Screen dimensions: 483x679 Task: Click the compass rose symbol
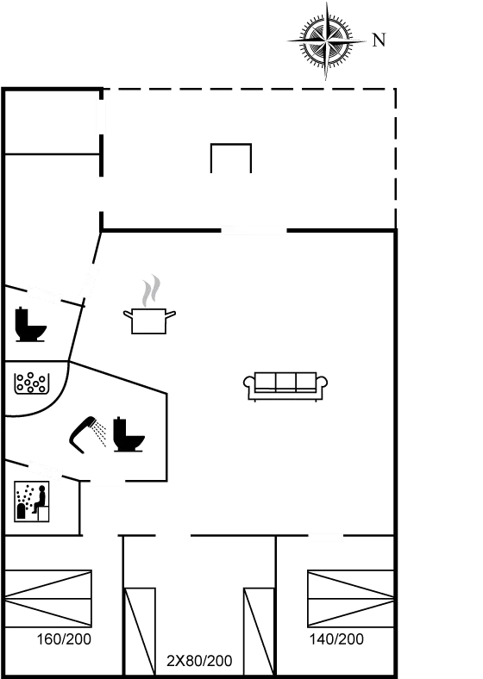327,41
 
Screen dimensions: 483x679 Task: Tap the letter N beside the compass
379,40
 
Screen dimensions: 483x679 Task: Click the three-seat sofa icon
285,386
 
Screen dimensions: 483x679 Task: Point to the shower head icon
83,434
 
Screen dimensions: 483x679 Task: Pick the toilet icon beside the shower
129,434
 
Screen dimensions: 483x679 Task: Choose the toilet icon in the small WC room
30,324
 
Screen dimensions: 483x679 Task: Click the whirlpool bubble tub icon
30,383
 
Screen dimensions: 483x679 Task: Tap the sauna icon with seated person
32,501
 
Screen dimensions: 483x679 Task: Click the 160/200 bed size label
64,639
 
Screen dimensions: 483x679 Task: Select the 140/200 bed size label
336,639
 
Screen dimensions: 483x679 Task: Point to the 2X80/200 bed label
199,661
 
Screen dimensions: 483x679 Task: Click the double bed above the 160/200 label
48,599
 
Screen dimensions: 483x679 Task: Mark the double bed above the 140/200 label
351,599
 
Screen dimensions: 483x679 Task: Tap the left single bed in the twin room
140,631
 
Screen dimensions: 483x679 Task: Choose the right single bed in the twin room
259,631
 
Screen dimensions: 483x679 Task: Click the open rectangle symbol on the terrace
231,145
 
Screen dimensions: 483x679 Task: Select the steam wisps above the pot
151,290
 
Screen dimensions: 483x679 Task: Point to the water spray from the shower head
101,433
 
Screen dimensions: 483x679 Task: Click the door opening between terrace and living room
254,230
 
